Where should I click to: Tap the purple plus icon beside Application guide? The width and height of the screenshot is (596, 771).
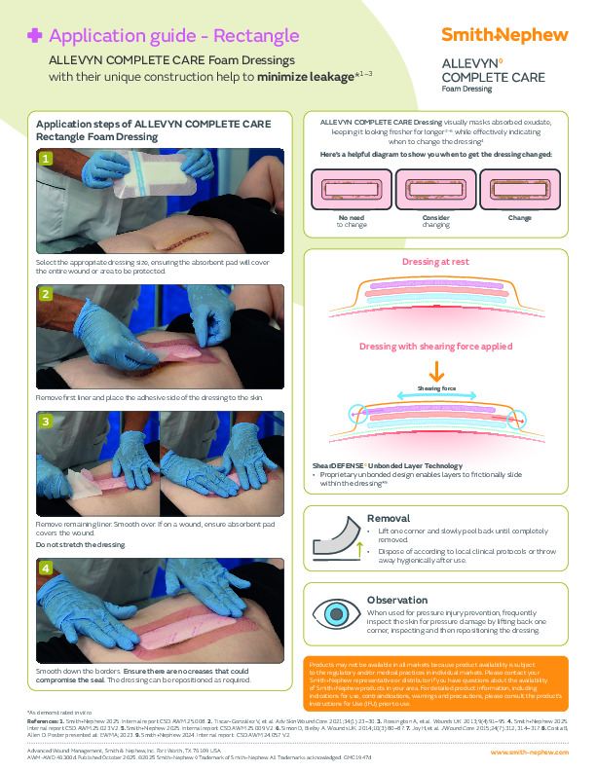35,36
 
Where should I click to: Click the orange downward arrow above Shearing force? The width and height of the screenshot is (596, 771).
436,372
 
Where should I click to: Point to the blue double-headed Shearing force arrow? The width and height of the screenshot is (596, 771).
436,397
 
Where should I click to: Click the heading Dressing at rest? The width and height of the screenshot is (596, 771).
435,263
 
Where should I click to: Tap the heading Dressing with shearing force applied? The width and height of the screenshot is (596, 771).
435,347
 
